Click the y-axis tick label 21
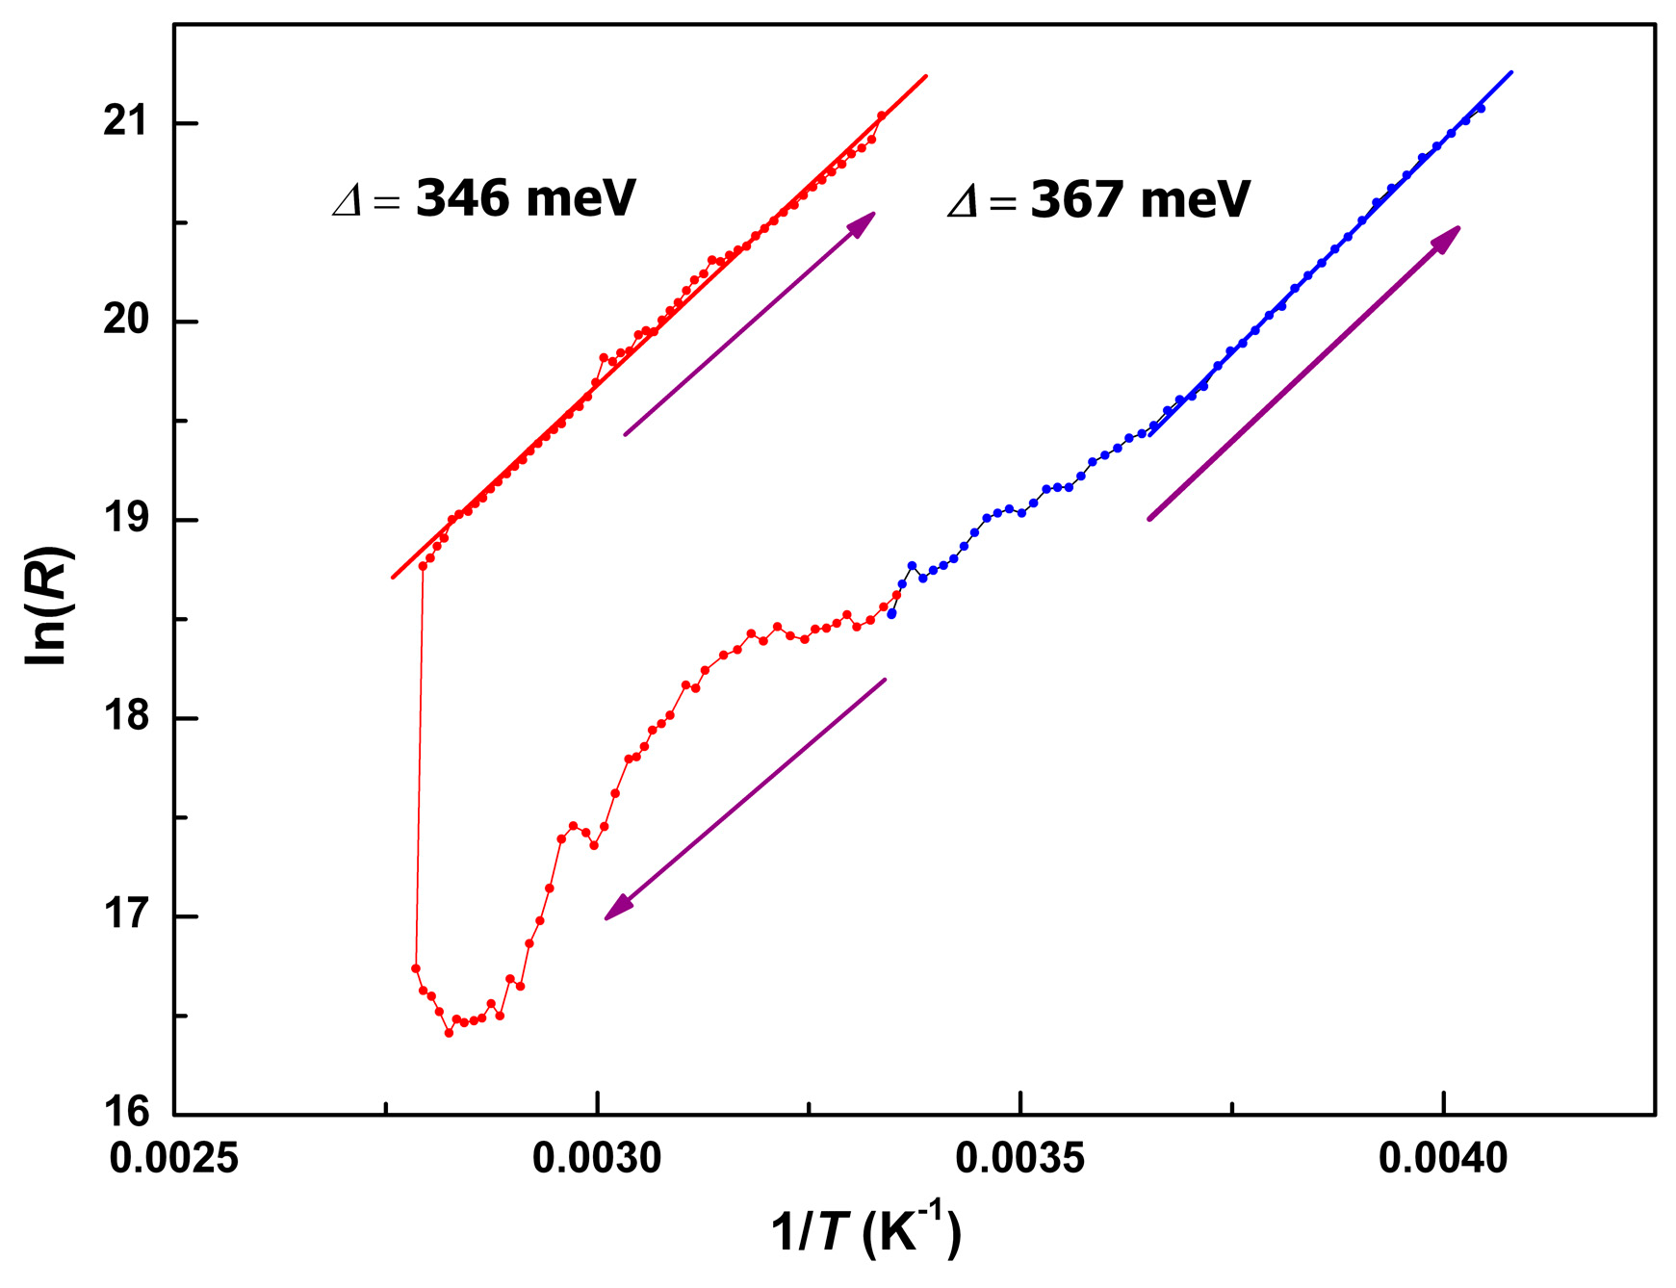click(x=127, y=122)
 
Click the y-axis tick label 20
click(x=127, y=321)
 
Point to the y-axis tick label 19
click(x=127, y=519)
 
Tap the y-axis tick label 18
click(x=127, y=717)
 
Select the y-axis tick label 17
click(x=127, y=915)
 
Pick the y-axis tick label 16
click(x=127, y=1114)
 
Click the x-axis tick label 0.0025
click(x=174, y=1158)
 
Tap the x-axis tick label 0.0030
click(x=597, y=1158)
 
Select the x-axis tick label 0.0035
click(x=1020, y=1158)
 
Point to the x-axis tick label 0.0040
click(x=1443, y=1158)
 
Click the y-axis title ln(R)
click(x=49, y=605)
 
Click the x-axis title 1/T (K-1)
click(x=865, y=1232)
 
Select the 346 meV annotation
click(x=483, y=198)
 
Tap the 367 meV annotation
click(x=1098, y=200)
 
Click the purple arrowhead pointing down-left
click(x=616, y=909)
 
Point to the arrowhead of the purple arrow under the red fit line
click(x=863, y=222)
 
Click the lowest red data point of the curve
click(x=449, y=1033)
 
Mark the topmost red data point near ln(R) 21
click(x=881, y=116)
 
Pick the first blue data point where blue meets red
click(x=891, y=613)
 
